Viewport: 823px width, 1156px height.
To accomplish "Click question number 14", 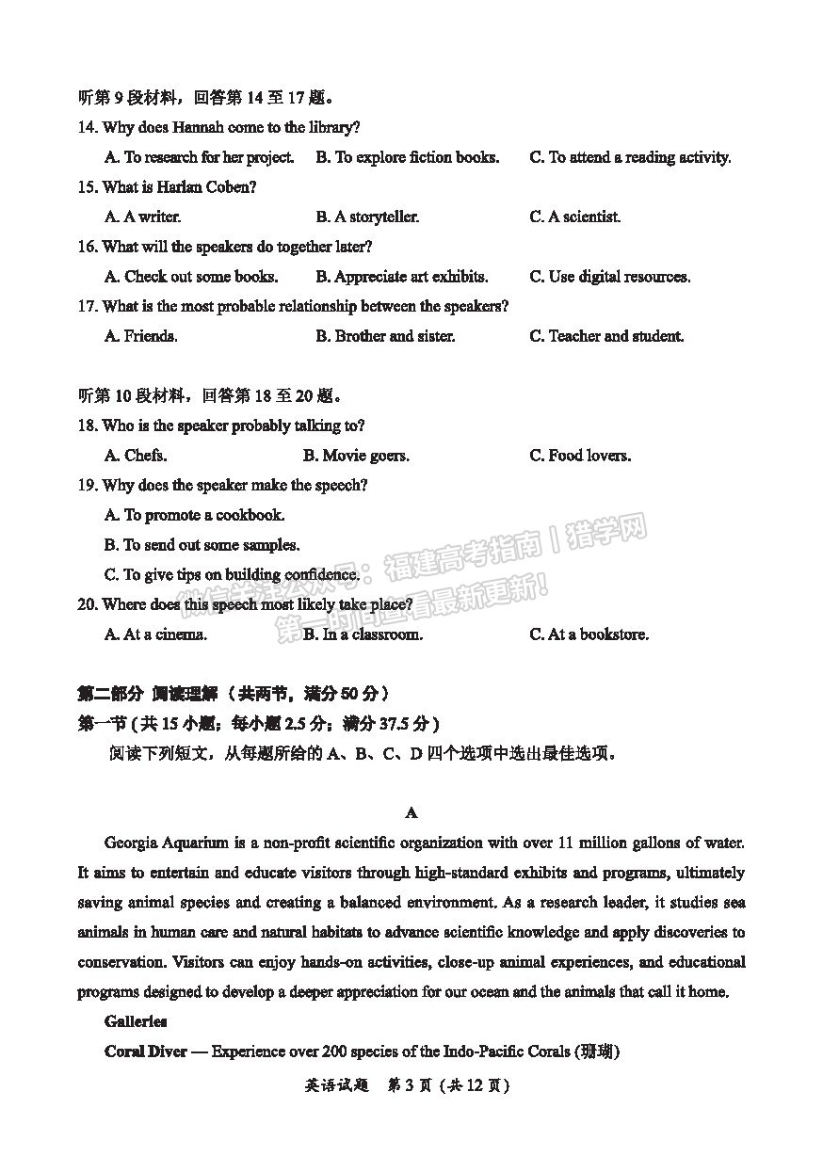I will coord(87,127).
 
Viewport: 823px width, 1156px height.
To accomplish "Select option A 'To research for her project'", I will coord(200,157).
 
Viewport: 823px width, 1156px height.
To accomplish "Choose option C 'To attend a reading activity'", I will coord(630,157).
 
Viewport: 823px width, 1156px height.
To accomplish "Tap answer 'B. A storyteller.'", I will coord(367,217).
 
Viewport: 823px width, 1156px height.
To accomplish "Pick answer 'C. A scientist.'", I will coord(574,217).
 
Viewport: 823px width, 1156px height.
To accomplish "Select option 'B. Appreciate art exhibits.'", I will coord(402,277).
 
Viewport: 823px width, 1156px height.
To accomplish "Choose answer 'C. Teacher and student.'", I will coord(606,336).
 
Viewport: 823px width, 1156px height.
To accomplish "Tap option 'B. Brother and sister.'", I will coord(385,336).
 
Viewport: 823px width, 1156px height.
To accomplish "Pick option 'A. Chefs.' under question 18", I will coord(136,456).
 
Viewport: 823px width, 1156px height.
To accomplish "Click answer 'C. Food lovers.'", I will coord(580,456).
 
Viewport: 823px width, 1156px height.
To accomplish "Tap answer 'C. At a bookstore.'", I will coord(589,634).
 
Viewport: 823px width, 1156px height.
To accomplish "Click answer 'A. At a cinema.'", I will coord(155,634).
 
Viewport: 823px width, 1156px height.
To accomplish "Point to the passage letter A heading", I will coord(411,812).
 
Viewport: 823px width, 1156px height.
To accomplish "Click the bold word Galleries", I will coord(136,1021).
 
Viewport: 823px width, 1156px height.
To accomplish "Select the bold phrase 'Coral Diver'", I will coord(145,1052).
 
